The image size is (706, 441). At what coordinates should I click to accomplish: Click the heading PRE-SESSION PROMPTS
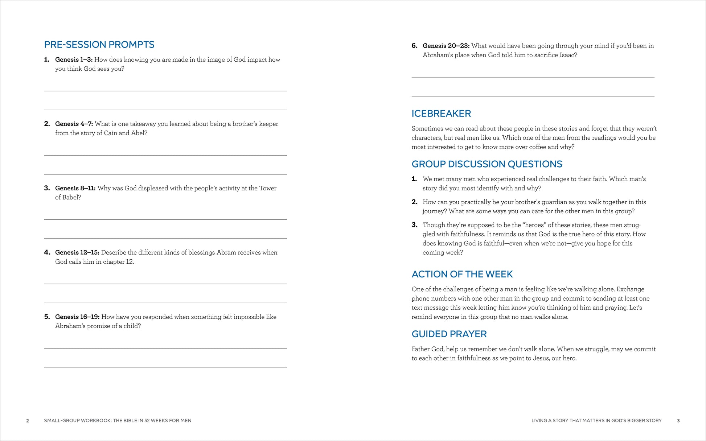tap(99, 45)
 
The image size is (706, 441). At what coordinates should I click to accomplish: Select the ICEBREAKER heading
tap(441, 114)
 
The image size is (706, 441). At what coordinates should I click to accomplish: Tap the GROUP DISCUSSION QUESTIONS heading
tap(487, 164)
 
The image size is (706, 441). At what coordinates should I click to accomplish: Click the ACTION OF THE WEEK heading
tap(462, 274)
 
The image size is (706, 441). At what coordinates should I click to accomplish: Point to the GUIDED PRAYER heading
tap(449, 334)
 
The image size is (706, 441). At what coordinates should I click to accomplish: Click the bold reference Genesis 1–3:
tap(74, 59)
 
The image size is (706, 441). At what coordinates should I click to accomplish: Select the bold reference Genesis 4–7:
tap(74, 124)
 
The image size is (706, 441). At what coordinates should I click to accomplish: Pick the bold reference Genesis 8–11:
tap(75, 188)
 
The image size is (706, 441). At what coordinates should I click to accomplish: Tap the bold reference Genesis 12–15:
tap(77, 252)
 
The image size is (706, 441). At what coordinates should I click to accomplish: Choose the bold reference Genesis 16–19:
tap(77, 317)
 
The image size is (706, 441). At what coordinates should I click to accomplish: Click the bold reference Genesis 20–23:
tap(446, 46)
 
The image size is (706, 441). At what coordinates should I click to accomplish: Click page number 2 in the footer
tap(28, 421)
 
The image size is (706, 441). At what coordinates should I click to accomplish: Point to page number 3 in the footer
tap(678, 421)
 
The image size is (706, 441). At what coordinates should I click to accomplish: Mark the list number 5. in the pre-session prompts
tap(47, 317)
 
